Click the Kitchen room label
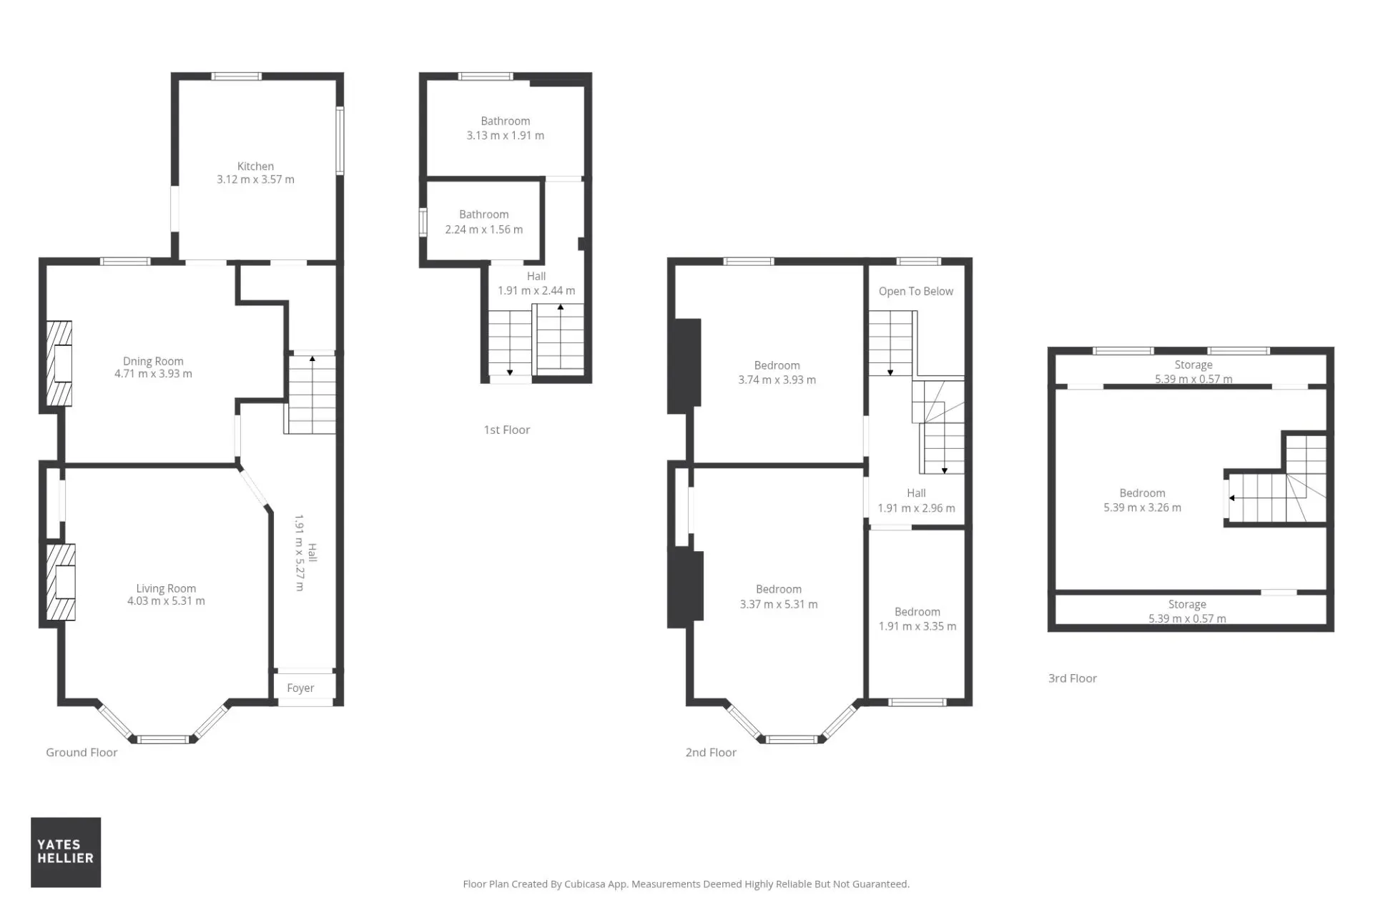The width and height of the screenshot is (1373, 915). pyautogui.click(x=255, y=167)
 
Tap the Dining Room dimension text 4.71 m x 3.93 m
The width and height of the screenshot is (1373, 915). pyautogui.click(x=153, y=374)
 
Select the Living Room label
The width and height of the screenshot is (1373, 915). pyautogui.click(x=166, y=589)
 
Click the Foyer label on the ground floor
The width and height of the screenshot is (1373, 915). pyautogui.click(x=300, y=688)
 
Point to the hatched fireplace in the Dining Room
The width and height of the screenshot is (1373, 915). pyautogui.click(x=59, y=363)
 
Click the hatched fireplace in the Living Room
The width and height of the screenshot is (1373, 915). pyautogui.click(x=61, y=582)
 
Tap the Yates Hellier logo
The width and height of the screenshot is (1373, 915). pyautogui.click(x=66, y=852)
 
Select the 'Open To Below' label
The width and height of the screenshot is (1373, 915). pyautogui.click(x=916, y=292)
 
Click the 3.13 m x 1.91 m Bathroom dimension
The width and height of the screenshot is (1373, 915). pyautogui.click(x=506, y=136)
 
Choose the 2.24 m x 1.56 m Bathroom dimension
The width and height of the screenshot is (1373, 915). pyautogui.click(x=484, y=229)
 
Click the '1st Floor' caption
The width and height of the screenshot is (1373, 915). pyautogui.click(x=507, y=430)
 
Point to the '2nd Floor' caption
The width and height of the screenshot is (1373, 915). pyautogui.click(x=711, y=752)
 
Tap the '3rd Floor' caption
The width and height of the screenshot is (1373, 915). pyautogui.click(x=1073, y=678)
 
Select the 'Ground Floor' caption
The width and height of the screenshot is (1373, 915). pyautogui.click(x=82, y=752)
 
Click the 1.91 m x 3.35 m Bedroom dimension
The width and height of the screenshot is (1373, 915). pyautogui.click(x=917, y=626)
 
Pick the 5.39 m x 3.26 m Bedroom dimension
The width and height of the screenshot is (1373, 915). pyautogui.click(x=1142, y=508)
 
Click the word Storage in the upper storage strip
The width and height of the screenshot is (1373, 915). pyautogui.click(x=1194, y=365)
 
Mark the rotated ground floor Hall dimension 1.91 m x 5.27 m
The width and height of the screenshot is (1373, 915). pyautogui.click(x=300, y=553)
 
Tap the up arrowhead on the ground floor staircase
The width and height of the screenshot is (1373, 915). pyautogui.click(x=312, y=359)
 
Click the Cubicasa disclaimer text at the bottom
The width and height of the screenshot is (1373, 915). pyautogui.click(x=686, y=884)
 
